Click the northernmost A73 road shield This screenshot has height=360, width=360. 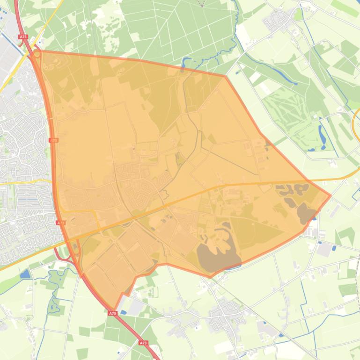tap(23, 36)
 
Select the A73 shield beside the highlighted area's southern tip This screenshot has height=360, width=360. tap(112, 313)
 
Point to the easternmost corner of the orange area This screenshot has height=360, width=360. tap(331, 195)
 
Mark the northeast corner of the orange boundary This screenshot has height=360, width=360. tap(225, 76)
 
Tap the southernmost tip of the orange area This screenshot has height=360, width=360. tap(115, 309)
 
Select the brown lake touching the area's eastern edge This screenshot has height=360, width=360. tap(307, 213)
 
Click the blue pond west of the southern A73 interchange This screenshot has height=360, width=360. tap(25, 274)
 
